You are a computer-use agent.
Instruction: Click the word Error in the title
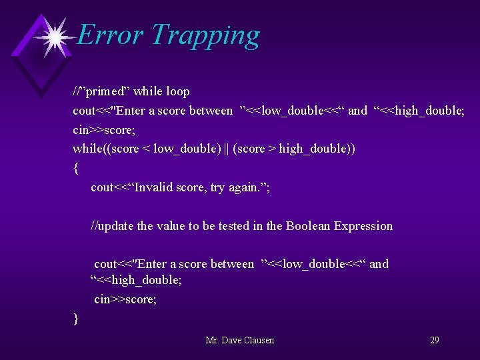coord(109,35)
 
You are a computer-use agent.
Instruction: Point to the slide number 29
coord(434,340)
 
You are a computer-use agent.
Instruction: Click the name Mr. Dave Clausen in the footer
coord(240,340)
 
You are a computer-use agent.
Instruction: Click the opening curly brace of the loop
coord(76,168)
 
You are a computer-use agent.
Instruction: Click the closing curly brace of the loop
coord(76,319)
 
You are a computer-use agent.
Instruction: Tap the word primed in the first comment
coord(101,91)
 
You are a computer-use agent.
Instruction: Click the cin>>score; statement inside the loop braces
coord(125,299)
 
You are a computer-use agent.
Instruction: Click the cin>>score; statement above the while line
coord(104,129)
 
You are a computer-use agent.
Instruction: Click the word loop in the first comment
coord(177,91)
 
